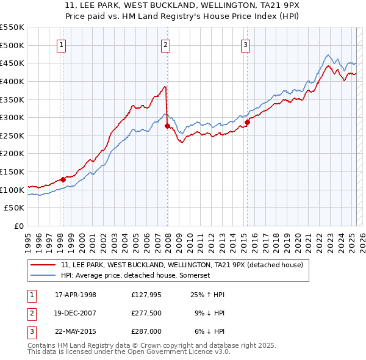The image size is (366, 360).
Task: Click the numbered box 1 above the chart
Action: (x=62, y=44)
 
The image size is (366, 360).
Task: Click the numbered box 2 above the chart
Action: (x=166, y=44)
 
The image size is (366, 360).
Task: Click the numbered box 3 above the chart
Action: (x=245, y=44)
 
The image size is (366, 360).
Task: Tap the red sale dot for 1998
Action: (x=63, y=179)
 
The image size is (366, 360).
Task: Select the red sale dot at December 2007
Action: (x=167, y=126)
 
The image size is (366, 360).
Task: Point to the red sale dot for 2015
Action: (x=247, y=122)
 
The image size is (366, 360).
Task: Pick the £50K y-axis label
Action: (x=15, y=208)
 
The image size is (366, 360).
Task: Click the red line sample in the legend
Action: (x=44, y=265)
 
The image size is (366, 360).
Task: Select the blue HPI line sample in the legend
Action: (x=44, y=276)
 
